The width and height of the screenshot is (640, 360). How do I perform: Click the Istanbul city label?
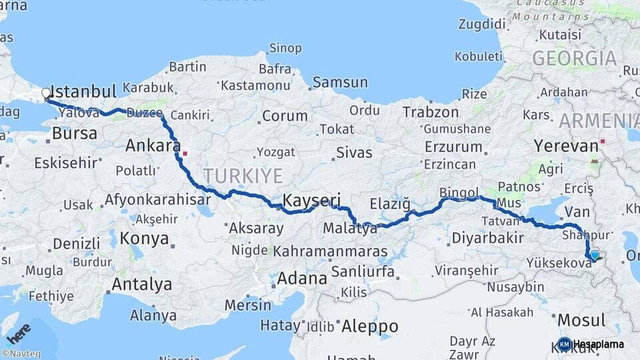pos(83,91)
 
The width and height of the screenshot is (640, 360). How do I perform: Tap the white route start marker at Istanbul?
pos(46,93)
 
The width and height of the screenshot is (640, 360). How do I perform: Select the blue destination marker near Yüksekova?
pos(594,254)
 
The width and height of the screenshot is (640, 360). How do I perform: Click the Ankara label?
pos(153,145)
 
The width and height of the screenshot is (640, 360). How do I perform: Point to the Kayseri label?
pos(312,200)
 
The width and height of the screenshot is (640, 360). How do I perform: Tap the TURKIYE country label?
pos(243,176)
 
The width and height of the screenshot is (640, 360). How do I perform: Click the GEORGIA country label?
pos(574,59)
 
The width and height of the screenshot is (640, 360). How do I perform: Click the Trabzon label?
pos(430,112)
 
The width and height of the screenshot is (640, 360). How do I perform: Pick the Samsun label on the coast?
pos(340,83)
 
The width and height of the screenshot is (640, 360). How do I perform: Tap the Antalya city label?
pos(141,285)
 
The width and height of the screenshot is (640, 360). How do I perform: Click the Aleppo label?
pos(369,327)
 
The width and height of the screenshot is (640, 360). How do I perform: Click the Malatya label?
pos(349,229)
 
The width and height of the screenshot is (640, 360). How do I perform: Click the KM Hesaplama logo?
pos(592,344)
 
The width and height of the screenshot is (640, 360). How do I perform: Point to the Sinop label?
pos(286,47)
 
